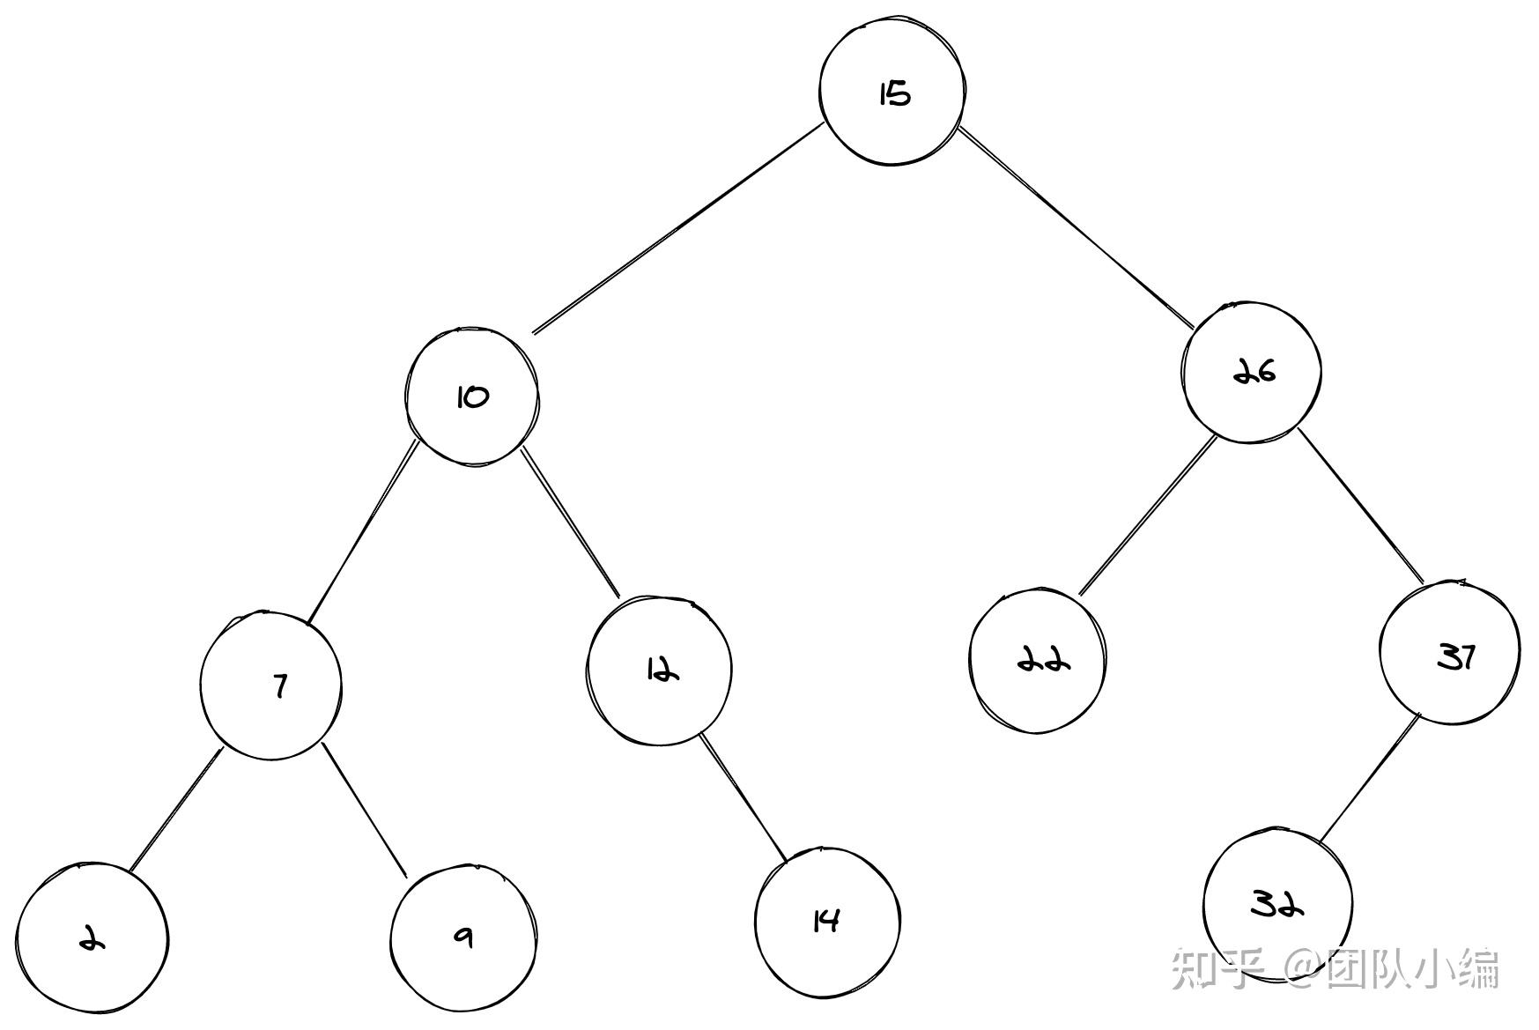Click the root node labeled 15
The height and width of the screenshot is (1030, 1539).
[892, 92]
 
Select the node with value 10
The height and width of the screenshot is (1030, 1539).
[472, 397]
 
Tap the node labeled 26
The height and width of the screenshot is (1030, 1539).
[1252, 372]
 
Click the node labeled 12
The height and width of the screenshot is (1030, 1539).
[659, 671]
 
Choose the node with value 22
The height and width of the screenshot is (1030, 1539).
[1038, 659]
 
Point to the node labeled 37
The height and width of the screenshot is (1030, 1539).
[1449, 654]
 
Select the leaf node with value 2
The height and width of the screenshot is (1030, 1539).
[92, 938]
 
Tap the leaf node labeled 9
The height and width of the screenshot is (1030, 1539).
[463, 937]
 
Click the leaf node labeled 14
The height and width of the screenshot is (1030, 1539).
[827, 922]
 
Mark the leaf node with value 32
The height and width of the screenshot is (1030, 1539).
[1277, 904]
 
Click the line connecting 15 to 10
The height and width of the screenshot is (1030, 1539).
[678, 229]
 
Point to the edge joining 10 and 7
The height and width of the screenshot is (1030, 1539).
[362, 533]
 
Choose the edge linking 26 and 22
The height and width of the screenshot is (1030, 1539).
[1147, 516]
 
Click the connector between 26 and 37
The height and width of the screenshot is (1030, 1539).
[1361, 506]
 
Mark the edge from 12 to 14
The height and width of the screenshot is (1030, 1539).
[743, 796]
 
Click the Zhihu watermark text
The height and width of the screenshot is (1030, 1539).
[1335, 968]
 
